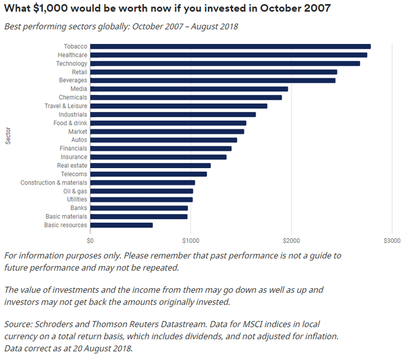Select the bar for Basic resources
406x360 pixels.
coord(122,225)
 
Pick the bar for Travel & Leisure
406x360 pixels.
coord(179,106)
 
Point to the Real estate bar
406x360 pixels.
coord(151,165)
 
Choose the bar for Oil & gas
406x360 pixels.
coord(142,191)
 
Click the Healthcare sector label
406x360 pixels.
coord(72,55)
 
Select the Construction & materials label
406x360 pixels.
coord(54,183)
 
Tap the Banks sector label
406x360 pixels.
coord(79,208)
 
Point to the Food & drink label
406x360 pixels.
coord(70,123)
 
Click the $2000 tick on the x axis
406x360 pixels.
coord(291,240)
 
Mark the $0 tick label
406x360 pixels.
coord(90,240)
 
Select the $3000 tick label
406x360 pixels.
coord(391,240)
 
